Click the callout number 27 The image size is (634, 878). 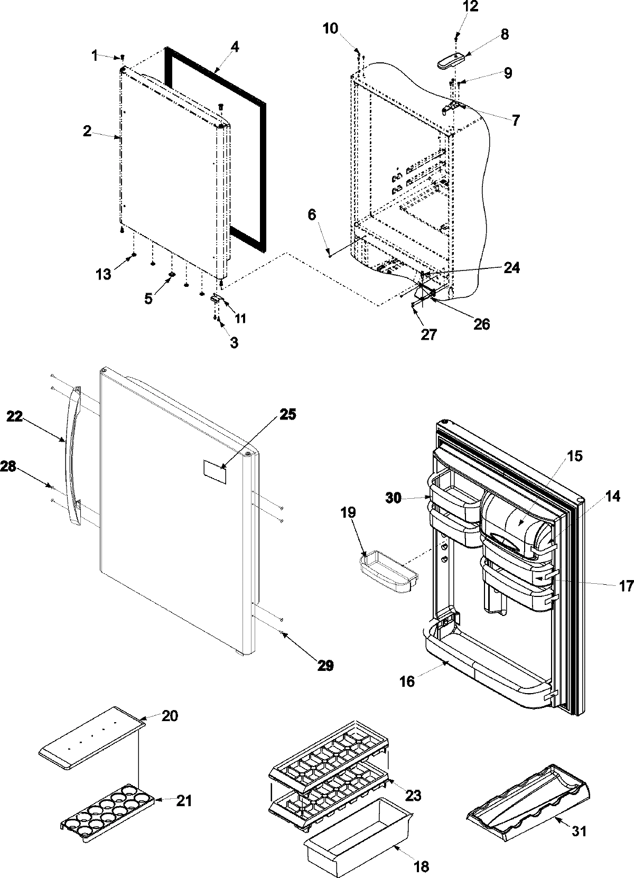tap(429, 334)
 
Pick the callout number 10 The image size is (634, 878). tap(331, 28)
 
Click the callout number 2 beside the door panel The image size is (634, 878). tap(87, 132)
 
